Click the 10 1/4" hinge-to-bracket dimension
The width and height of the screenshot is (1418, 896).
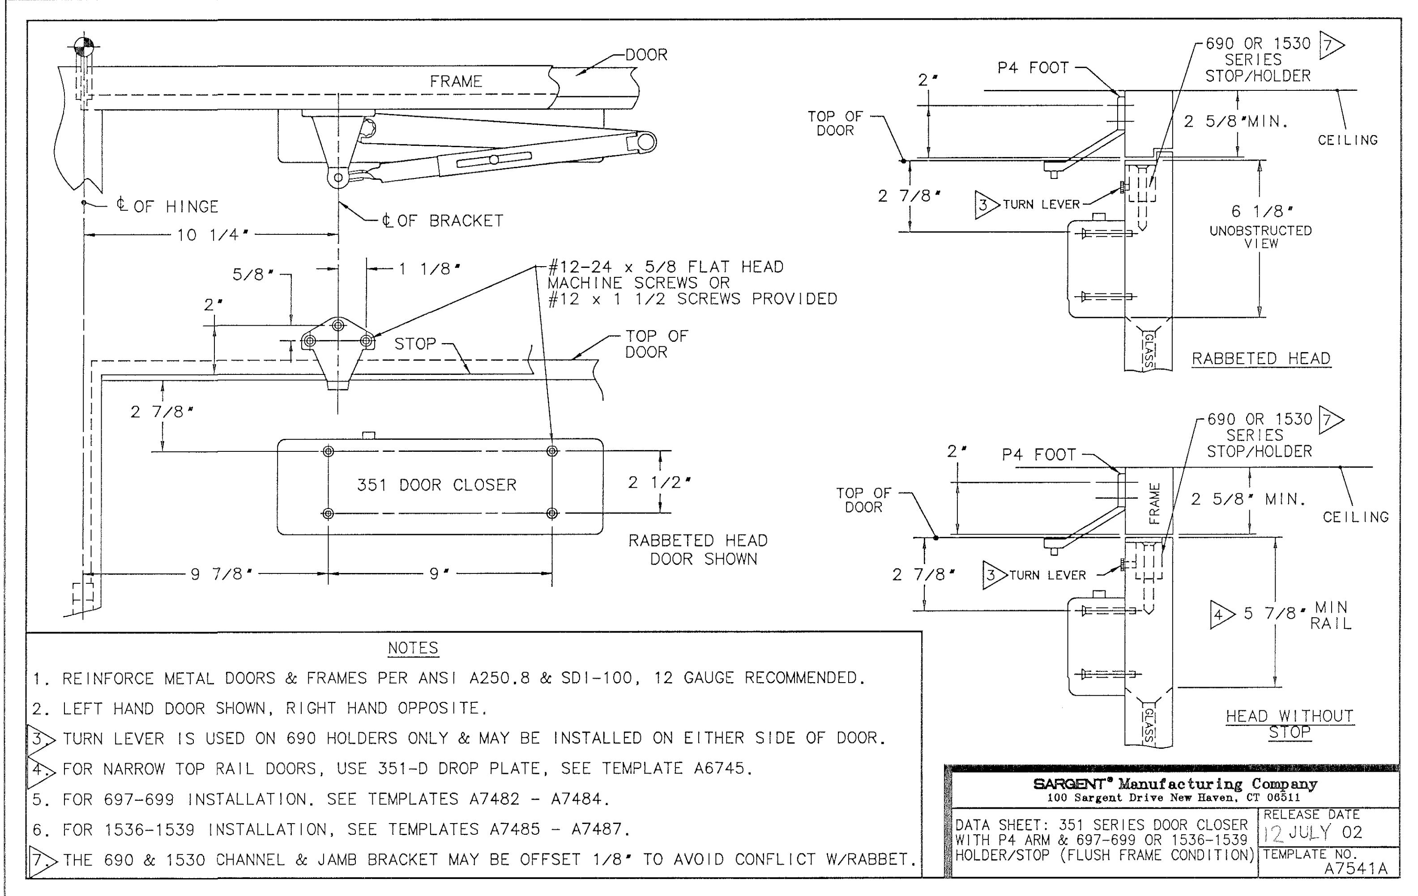[x=213, y=235]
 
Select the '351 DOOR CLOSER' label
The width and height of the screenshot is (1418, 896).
[x=436, y=485]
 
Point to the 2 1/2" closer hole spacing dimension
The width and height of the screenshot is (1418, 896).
[x=659, y=483]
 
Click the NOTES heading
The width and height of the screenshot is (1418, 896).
[x=413, y=648]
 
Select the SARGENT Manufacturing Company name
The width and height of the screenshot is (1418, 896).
[x=1175, y=784]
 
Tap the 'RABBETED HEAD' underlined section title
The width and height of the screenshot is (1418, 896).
[x=1261, y=358]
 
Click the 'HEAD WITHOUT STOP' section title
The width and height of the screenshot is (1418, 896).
[x=1290, y=724]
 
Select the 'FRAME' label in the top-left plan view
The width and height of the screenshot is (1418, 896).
[x=456, y=81]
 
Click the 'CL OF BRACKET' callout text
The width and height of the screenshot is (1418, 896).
[x=442, y=221]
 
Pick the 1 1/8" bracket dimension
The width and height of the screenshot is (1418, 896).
[x=429, y=269]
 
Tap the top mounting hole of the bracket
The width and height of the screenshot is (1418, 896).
[x=338, y=325]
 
